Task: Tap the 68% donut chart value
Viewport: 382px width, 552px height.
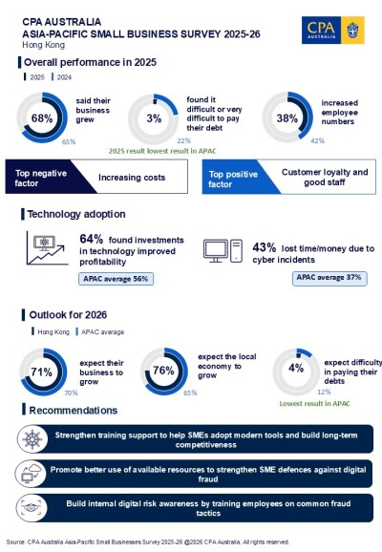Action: pyautogui.click(x=41, y=118)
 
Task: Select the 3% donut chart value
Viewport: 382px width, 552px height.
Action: pyautogui.click(x=154, y=118)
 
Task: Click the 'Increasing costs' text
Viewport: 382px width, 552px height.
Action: pyautogui.click(x=132, y=177)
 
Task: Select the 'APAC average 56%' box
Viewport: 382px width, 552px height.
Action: pyautogui.click(x=117, y=280)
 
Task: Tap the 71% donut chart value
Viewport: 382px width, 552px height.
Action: pyautogui.click(x=41, y=372)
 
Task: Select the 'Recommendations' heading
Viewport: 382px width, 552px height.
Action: pyautogui.click(x=74, y=411)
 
